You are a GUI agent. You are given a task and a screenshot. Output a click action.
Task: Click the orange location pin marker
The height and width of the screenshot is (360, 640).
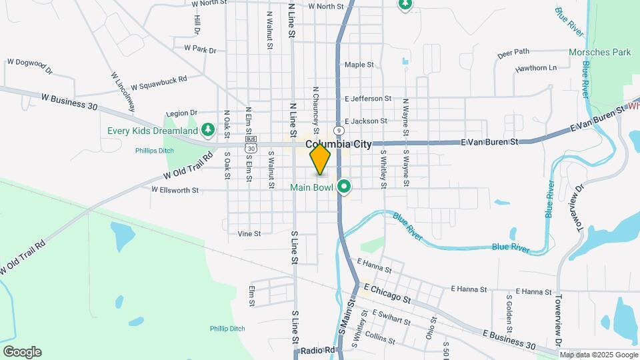[x=320, y=160]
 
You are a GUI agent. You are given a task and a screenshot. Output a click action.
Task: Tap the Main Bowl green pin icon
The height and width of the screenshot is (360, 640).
[x=344, y=187]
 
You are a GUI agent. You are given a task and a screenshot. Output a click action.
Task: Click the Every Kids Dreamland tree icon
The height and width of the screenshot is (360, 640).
[x=208, y=129]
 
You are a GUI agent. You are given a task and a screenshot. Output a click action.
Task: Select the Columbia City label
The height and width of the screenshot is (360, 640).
[x=338, y=144]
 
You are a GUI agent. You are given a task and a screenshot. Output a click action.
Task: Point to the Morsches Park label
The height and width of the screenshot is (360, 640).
[x=599, y=51]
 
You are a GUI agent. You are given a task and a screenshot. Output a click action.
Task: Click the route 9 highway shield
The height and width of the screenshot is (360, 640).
[x=339, y=131]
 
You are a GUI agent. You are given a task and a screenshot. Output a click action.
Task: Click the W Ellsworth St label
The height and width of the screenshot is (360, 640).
[x=175, y=190]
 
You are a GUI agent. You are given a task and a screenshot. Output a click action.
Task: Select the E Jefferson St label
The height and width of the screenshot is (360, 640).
[x=363, y=98]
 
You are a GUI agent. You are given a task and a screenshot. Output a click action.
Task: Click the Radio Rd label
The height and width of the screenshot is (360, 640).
[x=316, y=351]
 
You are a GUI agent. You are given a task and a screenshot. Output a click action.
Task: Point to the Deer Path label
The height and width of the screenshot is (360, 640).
[x=513, y=51]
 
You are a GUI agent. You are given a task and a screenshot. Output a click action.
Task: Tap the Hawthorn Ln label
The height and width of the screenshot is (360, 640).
[x=535, y=68]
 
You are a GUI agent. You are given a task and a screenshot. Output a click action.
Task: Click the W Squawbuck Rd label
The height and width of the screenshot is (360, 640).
[x=159, y=87]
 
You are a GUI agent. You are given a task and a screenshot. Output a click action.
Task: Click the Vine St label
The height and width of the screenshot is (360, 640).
[x=249, y=234]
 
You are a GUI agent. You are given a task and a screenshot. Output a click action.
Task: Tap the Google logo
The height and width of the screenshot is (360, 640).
[x=22, y=352]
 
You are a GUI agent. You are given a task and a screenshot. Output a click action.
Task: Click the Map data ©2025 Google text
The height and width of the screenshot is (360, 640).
[x=598, y=355]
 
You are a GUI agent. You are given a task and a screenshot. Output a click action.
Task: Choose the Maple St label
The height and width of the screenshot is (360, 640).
[x=360, y=65]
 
